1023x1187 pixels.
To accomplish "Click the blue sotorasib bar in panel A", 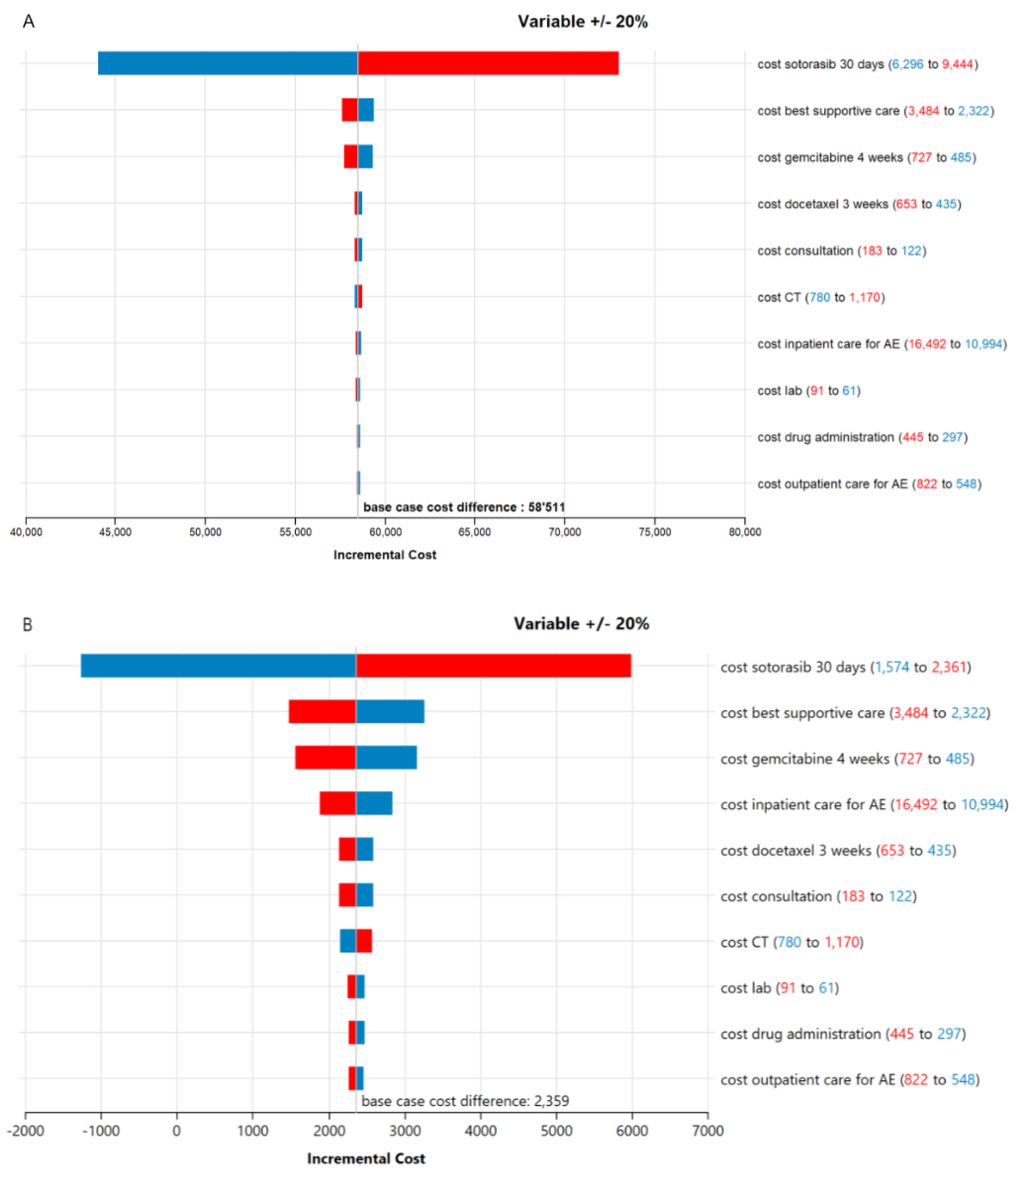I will [x=228, y=63].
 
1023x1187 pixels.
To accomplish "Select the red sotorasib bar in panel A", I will [x=488, y=63].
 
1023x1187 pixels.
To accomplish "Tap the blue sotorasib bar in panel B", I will [x=218, y=666].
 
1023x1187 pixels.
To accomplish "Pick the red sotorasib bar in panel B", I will [x=493, y=666].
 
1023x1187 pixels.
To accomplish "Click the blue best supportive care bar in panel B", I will [x=390, y=712].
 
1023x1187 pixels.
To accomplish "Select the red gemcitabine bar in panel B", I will [x=325, y=758].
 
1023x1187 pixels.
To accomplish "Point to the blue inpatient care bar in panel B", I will [x=374, y=803].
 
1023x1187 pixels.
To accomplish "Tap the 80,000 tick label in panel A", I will [x=744, y=532].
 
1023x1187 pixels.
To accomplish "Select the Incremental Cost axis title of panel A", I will [x=384, y=555].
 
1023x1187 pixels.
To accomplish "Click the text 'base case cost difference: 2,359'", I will [x=465, y=1100].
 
